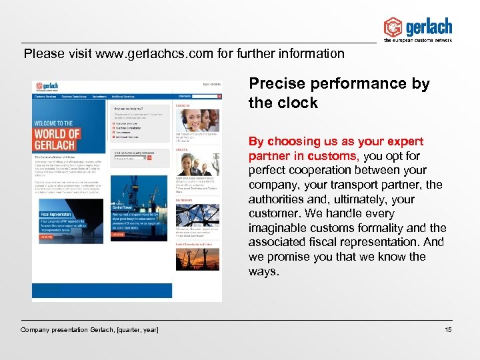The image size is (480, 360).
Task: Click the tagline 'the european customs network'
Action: click(418, 40)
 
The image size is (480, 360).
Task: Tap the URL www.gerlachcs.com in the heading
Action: click(154, 53)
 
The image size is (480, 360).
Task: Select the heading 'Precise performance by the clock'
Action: click(339, 93)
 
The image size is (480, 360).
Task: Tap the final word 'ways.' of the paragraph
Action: click(265, 271)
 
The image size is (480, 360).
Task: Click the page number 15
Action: click(447, 330)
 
